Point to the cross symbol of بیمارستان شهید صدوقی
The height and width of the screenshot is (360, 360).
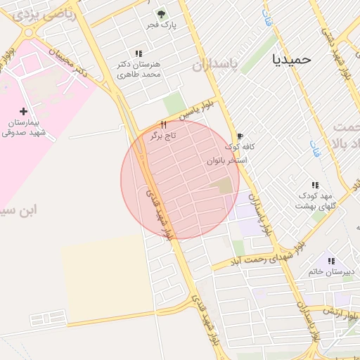[x=25, y=111]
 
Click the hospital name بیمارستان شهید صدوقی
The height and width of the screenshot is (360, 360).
[x=22, y=127]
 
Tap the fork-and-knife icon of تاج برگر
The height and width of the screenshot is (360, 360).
[x=164, y=124]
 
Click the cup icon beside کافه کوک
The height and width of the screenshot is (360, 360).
[x=240, y=136]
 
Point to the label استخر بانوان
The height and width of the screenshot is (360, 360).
[x=227, y=161]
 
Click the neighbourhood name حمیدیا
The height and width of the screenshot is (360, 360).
[x=290, y=59]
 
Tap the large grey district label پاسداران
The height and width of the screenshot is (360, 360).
[x=217, y=65]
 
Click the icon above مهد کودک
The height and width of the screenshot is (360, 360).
[x=315, y=185]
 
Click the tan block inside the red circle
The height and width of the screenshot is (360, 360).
[x=224, y=186]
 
